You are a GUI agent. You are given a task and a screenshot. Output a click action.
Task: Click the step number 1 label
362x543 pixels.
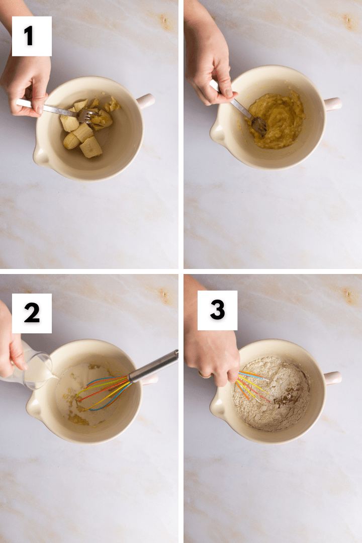(31, 36)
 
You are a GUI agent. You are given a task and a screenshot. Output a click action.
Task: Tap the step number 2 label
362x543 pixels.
(31, 313)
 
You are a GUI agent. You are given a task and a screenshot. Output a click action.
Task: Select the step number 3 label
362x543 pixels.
(217, 310)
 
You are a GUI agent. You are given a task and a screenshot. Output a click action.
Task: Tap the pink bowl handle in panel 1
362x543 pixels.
(145, 101)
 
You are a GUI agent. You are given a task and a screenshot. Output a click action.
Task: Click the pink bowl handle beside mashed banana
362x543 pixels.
(332, 104)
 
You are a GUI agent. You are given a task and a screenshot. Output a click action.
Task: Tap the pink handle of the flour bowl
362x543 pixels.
(332, 378)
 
